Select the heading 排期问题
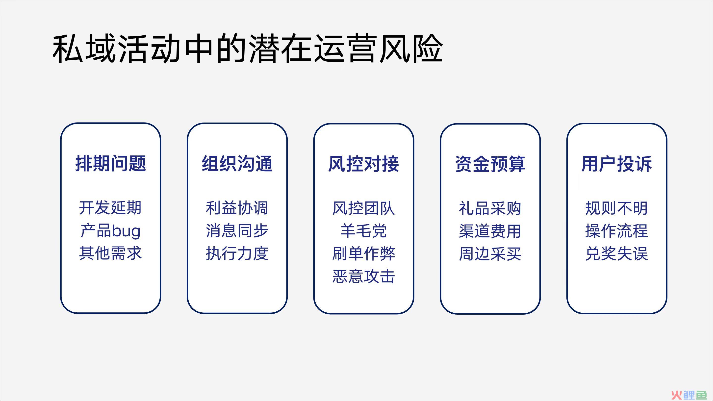point(111,164)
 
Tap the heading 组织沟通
point(237,164)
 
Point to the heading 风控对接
point(364,164)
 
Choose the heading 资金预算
point(490,164)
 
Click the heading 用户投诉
point(617,164)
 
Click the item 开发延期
point(110,208)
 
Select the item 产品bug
point(110,231)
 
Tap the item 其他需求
point(110,253)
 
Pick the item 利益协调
point(237,208)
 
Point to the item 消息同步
point(237,231)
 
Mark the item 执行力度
point(237,253)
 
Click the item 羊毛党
point(364,231)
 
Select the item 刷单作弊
point(364,253)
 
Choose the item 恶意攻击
point(364,276)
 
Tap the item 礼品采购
point(490,208)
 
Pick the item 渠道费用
point(490,231)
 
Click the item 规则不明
point(617,208)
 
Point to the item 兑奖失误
point(617,253)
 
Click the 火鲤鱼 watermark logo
point(693,394)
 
